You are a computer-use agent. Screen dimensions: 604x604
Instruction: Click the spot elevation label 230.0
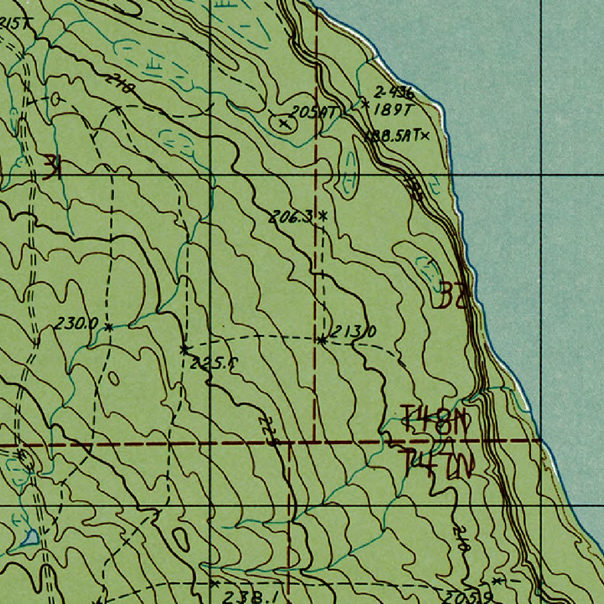[x=77, y=323]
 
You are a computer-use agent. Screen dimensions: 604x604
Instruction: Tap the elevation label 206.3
[x=291, y=216]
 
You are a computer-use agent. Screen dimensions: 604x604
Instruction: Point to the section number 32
[x=452, y=295]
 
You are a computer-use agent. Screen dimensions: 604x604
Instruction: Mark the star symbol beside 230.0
[x=109, y=326]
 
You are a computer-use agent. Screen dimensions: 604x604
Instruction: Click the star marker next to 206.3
[x=323, y=215]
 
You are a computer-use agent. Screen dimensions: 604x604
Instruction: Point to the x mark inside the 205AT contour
[x=285, y=123]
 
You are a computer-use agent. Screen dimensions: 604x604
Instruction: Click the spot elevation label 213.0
[x=352, y=332]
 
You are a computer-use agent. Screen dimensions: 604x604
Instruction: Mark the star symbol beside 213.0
[x=321, y=340]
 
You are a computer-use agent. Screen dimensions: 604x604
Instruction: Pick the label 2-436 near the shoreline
[x=394, y=93]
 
